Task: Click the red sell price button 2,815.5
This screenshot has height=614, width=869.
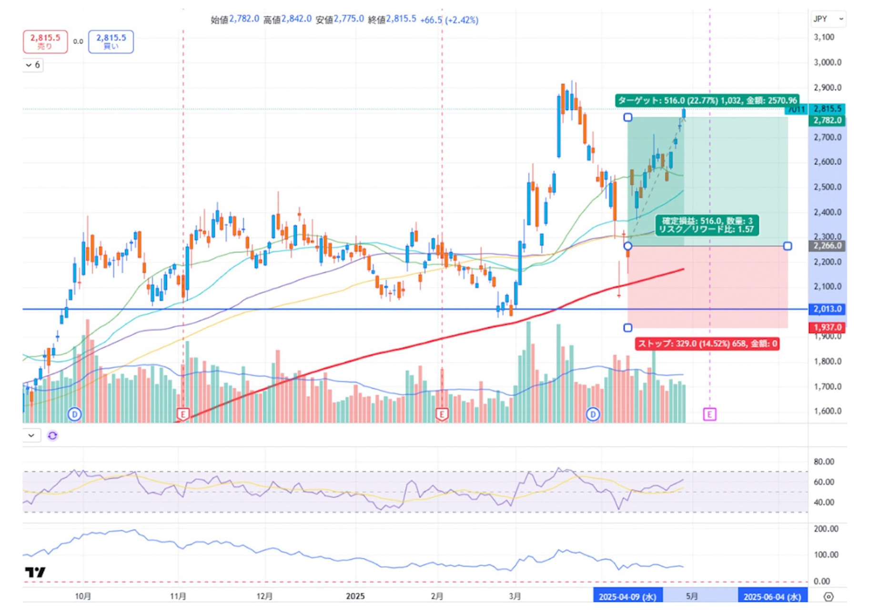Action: click(x=45, y=41)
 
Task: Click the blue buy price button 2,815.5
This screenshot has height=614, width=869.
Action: click(x=111, y=41)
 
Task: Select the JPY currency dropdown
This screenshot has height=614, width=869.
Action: click(x=828, y=19)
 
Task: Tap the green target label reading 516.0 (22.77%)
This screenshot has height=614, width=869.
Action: click(x=707, y=101)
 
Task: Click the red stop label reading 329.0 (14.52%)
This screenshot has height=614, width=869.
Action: click(x=707, y=343)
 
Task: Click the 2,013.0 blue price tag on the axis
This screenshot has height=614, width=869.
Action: click(x=827, y=309)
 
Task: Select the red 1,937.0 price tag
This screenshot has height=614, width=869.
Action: click(x=827, y=327)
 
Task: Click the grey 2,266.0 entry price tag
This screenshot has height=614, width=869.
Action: click(x=827, y=246)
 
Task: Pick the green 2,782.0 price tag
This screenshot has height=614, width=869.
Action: click(x=827, y=120)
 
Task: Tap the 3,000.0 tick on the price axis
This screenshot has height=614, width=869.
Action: click(x=827, y=62)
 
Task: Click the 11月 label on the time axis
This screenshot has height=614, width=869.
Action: click(x=178, y=596)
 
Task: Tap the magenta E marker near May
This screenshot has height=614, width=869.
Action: click(x=709, y=414)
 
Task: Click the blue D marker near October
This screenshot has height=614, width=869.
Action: click(x=74, y=414)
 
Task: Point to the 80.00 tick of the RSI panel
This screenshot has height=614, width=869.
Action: click(x=824, y=462)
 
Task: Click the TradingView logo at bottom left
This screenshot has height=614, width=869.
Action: click(x=35, y=572)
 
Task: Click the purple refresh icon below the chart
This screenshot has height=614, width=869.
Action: click(x=52, y=435)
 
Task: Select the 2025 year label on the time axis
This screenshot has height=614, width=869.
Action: click(x=355, y=596)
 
